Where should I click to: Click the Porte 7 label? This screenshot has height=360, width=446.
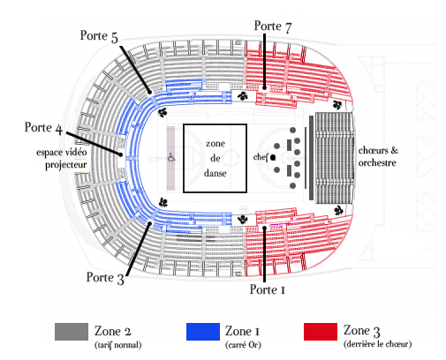tap(273, 26)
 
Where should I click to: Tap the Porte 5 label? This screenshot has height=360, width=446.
tap(99, 36)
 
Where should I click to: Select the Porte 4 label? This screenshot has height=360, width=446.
tap(43, 128)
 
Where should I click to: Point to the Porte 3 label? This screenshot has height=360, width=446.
tap(105, 278)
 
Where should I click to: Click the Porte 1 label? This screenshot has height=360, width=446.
tap(268, 289)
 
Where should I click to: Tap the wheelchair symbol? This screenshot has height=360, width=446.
tap(171, 158)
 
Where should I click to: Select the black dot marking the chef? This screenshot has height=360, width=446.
tap(273, 158)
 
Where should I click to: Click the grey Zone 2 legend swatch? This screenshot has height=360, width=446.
tap(72, 332)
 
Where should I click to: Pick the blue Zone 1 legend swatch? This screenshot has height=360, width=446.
tap(203, 332)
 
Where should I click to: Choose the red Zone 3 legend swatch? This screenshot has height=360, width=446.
tap(321, 332)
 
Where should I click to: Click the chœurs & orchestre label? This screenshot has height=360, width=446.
tap(378, 156)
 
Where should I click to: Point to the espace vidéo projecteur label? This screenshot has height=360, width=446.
tap(62, 159)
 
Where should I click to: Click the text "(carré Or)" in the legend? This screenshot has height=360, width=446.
tap(243, 345)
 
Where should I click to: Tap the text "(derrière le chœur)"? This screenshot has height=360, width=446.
tap(377, 344)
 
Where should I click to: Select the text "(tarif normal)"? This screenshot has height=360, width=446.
tap(117, 345)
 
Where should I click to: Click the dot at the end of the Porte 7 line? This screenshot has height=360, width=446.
tap(264, 87)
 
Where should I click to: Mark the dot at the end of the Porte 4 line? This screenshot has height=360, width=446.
tap(120, 154)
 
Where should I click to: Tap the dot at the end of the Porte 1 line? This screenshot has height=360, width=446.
tap(264, 228)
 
